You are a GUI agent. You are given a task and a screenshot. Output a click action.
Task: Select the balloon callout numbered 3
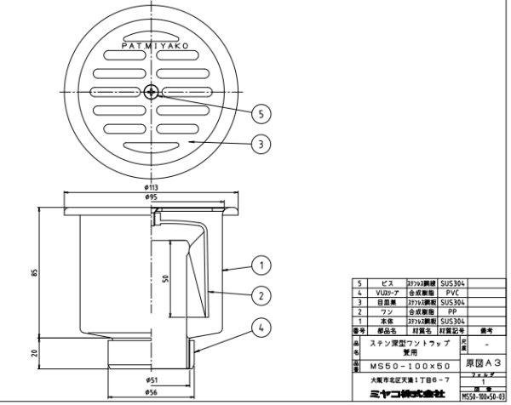[262, 144]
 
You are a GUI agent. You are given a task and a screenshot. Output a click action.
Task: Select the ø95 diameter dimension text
[151, 197]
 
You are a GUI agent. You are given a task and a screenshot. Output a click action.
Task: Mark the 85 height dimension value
[34, 272]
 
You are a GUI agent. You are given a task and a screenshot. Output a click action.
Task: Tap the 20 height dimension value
[34, 353]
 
